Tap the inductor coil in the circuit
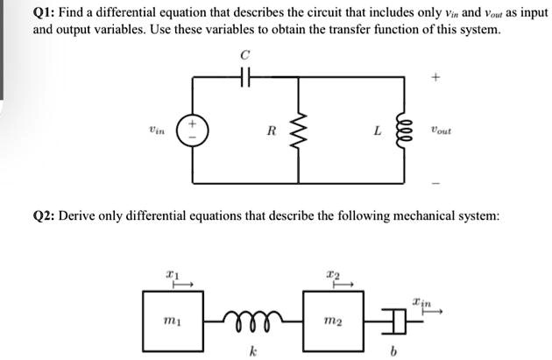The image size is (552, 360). click(x=404, y=131)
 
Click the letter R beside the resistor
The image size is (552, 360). click(x=272, y=131)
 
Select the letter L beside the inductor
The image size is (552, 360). click(x=376, y=131)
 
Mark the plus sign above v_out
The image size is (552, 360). click(x=435, y=77)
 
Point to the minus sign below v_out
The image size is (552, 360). click(x=435, y=184)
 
